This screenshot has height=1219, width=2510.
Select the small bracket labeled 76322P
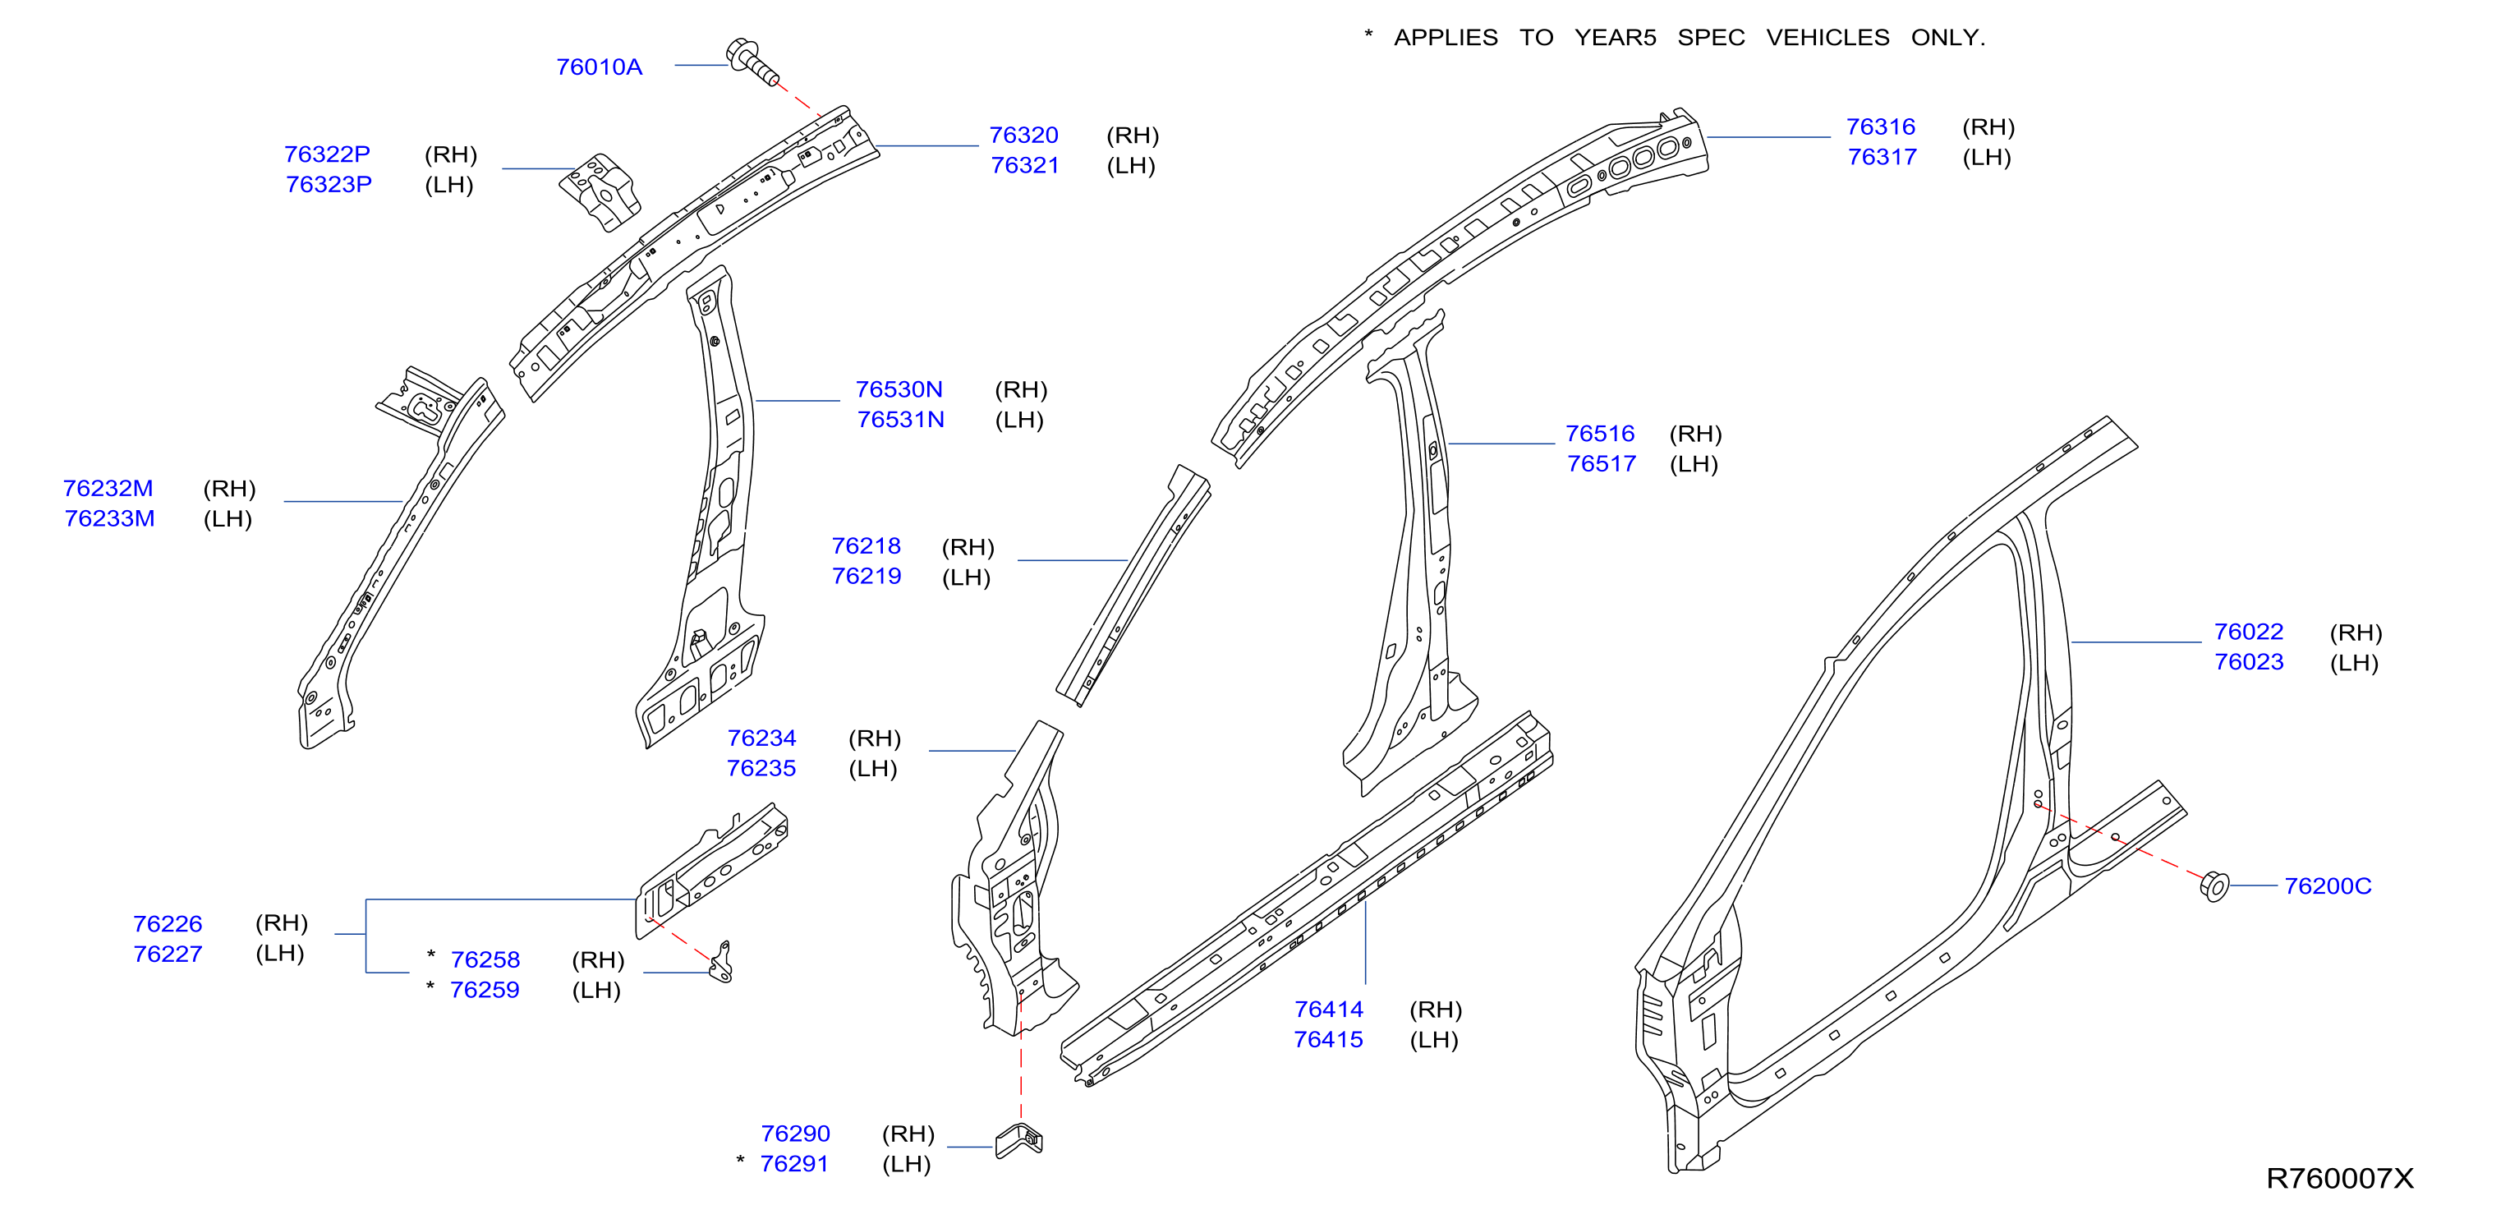click(x=600, y=191)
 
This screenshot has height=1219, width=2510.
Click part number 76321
click(x=1024, y=166)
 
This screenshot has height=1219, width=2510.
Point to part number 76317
click(x=1882, y=157)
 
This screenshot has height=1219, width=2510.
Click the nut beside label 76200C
click(x=2213, y=885)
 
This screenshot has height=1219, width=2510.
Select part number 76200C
click(x=2327, y=885)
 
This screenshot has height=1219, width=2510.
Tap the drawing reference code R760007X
click(x=2339, y=1178)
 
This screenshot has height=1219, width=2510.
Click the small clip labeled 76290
click(x=1019, y=1140)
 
